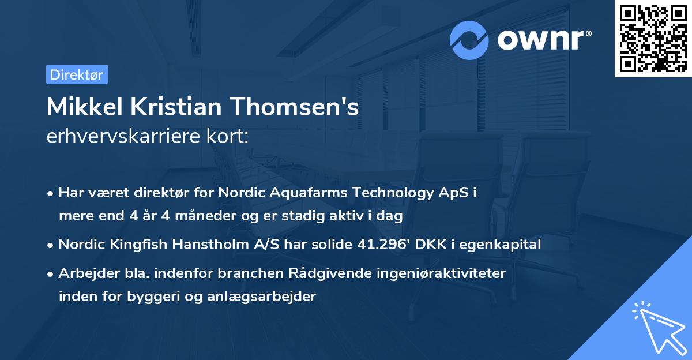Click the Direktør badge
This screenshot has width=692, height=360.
(77, 74)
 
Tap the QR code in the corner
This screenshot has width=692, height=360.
(653, 39)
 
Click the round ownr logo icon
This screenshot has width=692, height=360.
(469, 40)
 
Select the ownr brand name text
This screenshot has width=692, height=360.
(543, 40)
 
